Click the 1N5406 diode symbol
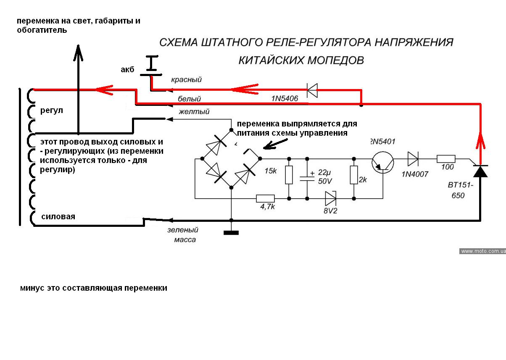(x=311, y=89)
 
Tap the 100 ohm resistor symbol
(x=446, y=159)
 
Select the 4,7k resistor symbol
(x=265, y=198)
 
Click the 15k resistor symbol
(x=289, y=175)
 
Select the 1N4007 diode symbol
(x=412, y=159)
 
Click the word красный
(x=187, y=79)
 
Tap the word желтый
(x=194, y=112)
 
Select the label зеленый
(x=182, y=230)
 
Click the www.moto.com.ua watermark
(x=482, y=251)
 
